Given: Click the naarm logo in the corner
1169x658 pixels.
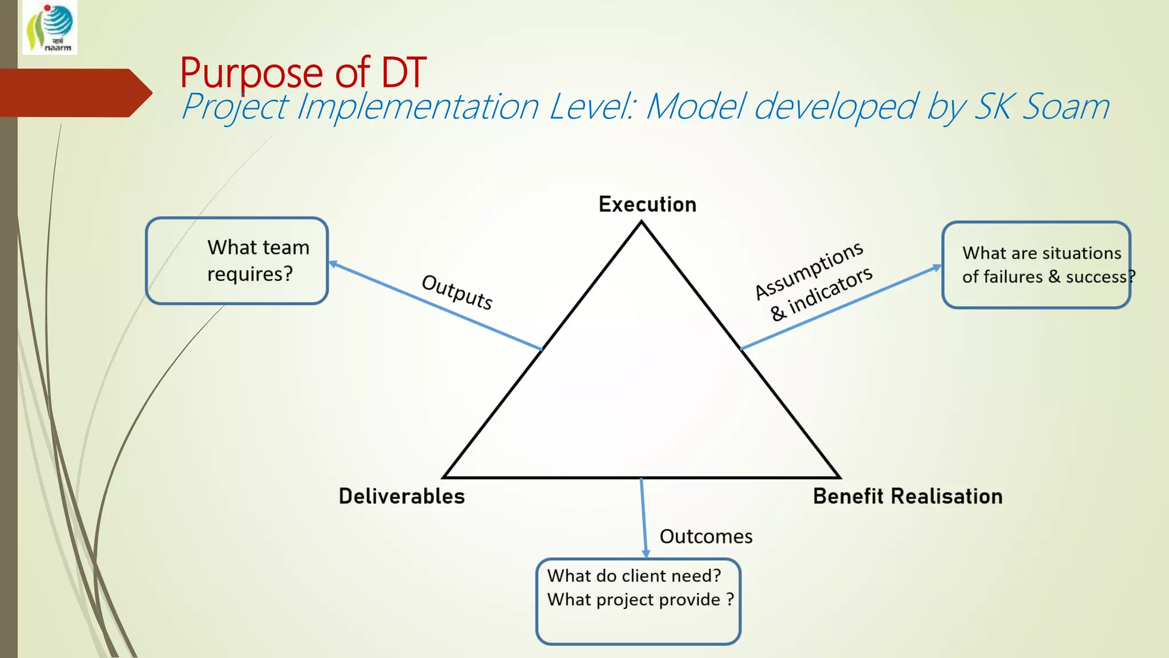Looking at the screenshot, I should tap(50, 27).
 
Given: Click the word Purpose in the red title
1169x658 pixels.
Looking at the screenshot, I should tap(251, 73).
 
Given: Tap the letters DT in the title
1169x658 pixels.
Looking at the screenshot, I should tap(403, 73).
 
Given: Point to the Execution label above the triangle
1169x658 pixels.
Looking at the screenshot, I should tap(647, 204).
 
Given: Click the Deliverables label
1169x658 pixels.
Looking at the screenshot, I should tap(402, 496).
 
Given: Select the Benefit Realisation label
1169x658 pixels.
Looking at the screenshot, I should tap(908, 496).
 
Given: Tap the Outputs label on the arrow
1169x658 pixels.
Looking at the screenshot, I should tap(457, 292).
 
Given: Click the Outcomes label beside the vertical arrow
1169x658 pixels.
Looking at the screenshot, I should tap(706, 536).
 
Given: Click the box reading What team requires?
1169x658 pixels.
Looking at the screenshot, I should tap(237, 260).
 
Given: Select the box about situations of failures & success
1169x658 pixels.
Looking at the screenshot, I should tap(1036, 265).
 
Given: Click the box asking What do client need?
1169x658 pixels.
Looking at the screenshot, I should tap(638, 601).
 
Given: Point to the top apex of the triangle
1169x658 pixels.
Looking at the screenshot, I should tap(641, 223).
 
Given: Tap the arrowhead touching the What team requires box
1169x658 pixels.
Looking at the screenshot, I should tap(333, 264).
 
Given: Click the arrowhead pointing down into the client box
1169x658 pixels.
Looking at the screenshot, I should tap(646, 553).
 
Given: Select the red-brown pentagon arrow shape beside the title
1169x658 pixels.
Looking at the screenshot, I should tap(74, 93).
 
